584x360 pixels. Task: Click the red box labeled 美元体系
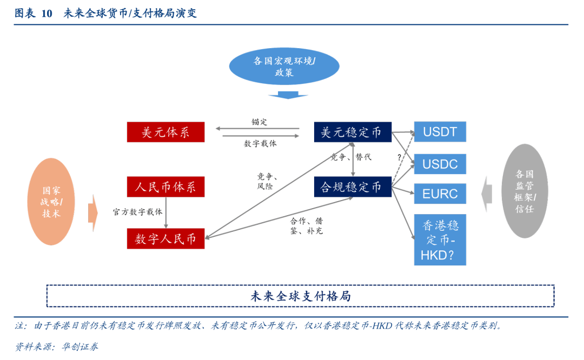[166, 132]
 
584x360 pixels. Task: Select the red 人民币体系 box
[166, 186]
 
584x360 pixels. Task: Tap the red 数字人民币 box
[166, 238]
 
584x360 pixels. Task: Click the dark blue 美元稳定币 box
[353, 132]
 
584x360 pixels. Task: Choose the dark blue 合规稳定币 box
[353, 186]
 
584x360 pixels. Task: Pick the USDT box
[440, 132]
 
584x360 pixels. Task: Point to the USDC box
[440, 164]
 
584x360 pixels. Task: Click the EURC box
[440, 194]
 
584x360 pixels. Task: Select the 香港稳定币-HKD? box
[440, 240]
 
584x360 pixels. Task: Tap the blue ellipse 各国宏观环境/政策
[284, 66]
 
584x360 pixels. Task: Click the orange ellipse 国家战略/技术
[51, 202]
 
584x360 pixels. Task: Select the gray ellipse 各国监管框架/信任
[525, 191]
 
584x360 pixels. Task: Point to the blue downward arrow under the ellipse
[288, 95]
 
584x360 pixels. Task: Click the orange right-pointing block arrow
[93, 213]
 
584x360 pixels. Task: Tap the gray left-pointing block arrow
[487, 194]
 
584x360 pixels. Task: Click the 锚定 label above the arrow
[259, 122]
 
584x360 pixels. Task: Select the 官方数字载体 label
[138, 212]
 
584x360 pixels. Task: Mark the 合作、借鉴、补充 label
[307, 226]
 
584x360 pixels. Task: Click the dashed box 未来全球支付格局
[301, 296]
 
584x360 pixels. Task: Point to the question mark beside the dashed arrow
[399, 157]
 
